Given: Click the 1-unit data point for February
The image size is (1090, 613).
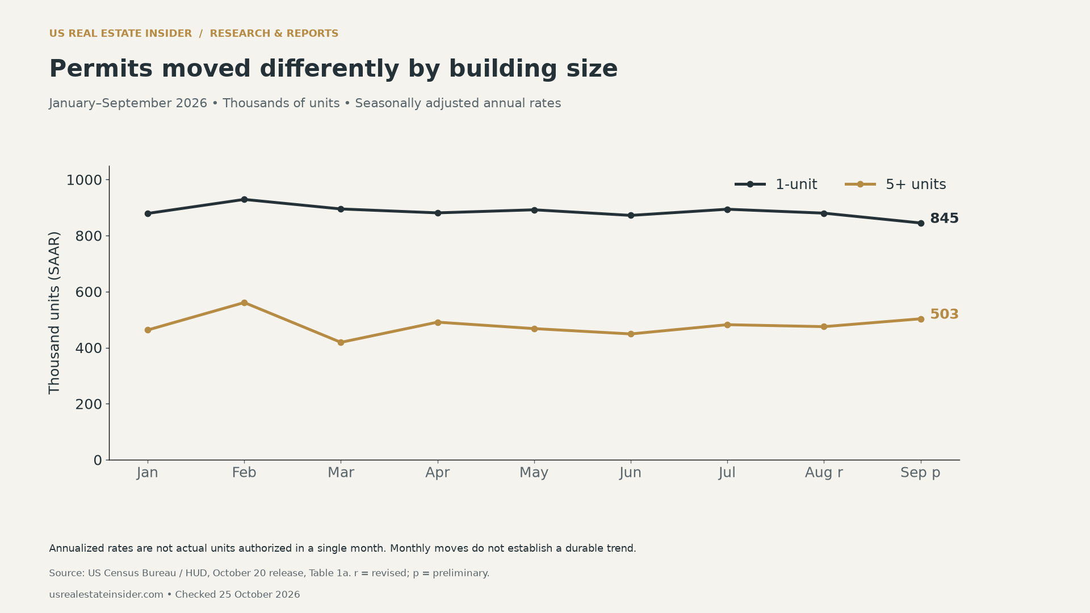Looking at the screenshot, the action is click(x=244, y=200).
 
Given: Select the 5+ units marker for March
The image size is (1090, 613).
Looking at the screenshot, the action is click(x=341, y=343).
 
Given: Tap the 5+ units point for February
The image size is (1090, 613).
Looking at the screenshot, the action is click(x=244, y=303).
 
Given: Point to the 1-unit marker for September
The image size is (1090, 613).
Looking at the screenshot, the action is click(x=921, y=224).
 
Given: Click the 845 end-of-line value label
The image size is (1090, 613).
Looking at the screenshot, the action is click(x=944, y=219).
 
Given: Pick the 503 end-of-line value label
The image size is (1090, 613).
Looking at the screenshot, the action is click(x=944, y=314).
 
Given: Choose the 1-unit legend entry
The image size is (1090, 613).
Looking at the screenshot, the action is click(x=776, y=184).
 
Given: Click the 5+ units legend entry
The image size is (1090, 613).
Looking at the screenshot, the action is click(x=895, y=184).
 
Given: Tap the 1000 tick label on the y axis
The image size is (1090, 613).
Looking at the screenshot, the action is click(x=84, y=180).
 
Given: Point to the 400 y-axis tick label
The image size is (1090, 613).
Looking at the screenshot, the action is click(x=89, y=349).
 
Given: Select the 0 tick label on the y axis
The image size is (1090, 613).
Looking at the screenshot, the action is click(x=98, y=461).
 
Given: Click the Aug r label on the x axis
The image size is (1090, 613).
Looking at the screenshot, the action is click(x=824, y=473).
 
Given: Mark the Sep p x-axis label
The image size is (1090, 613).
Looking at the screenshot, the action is click(x=920, y=473).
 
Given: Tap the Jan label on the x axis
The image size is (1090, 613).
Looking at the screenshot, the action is click(x=148, y=473).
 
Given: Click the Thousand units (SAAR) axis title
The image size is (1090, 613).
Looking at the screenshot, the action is click(x=54, y=313).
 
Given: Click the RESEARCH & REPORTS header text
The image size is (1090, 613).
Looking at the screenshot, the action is click(x=274, y=33).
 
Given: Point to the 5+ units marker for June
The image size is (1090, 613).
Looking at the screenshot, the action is click(x=631, y=334).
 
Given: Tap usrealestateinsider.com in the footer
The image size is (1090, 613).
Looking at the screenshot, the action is click(x=106, y=595).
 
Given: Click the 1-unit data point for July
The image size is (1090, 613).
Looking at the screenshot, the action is click(x=727, y=209).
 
